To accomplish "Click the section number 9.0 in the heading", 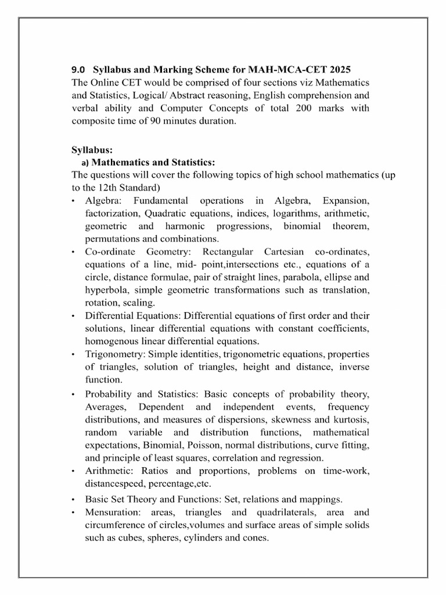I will tap(78, 70).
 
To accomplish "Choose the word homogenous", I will tap(110, 341).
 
